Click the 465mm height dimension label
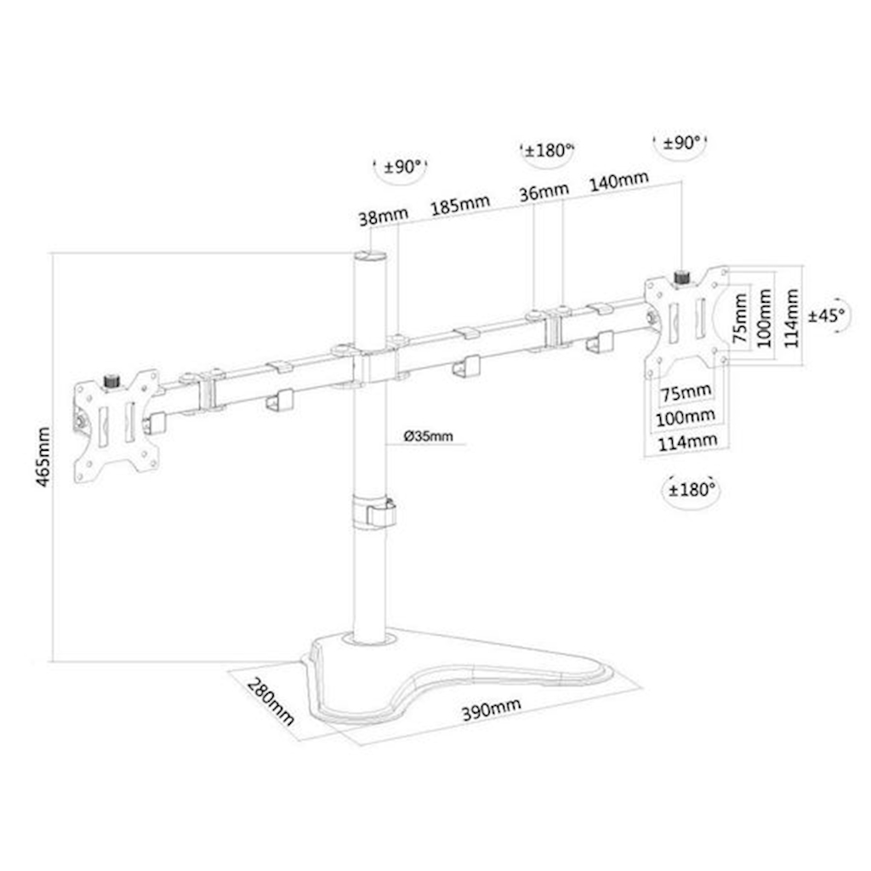point(43,457)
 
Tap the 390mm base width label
point(491,709)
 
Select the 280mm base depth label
point(270,701)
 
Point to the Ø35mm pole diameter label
point(429,436)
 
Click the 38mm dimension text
point(383,216)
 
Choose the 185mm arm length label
point(460,204)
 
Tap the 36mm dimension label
point(544,192)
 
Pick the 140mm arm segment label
point(618,180)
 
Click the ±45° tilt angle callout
point(827,316)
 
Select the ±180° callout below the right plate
point(692,490)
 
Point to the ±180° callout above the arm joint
point(548,150)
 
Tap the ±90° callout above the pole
point(401,166)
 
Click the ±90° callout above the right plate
point(681,143)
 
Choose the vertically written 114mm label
point(792,318)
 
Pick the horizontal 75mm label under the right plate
point(686,393)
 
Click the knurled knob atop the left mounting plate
point(112,382)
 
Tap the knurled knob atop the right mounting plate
point(681,276)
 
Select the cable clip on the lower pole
point(373,511)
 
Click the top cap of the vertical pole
point(369,255)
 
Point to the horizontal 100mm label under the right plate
point(686,417)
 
